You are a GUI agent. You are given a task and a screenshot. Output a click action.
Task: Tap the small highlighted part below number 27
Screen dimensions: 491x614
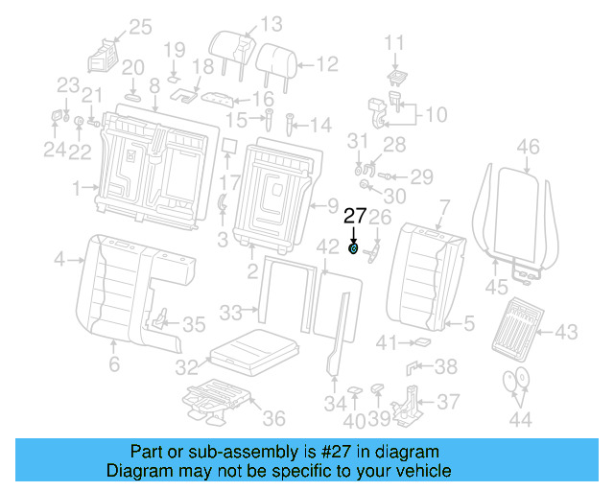[x=354, y=250]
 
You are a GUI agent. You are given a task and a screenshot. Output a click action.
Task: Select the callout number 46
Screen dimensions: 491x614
[x=529, y=147]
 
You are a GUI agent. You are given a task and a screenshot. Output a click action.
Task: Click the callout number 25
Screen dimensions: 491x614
[x=140, y=27]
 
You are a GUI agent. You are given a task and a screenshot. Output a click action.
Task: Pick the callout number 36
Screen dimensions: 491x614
[x=273, y=417]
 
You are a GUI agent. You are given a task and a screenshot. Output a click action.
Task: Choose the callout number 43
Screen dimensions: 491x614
[x=566, y=332]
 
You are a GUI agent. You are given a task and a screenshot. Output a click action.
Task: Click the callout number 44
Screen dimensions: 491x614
[x=520, y=418]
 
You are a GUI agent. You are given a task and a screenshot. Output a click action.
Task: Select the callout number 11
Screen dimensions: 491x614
[x=395, y=41]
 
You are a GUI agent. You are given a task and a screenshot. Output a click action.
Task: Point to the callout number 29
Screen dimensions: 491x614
[x=422, y=175]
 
